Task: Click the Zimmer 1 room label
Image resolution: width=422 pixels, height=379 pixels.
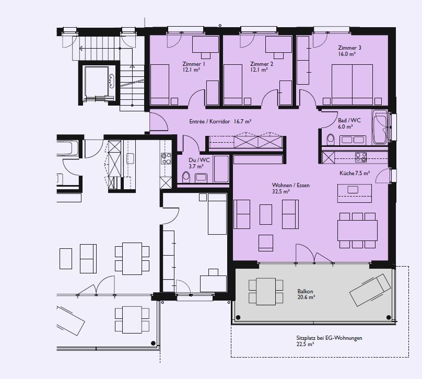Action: (x=194, y=64)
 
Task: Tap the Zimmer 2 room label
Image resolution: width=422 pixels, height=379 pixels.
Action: (x=261, y=64)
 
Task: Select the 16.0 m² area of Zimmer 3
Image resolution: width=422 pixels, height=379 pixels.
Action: (x=347, y=54)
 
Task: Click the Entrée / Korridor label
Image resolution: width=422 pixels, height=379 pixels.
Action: (x=209, y=121)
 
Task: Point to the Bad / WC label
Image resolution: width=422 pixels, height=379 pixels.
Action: (x=349, y=120)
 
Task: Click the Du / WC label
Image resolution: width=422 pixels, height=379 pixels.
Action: (x=199, y=160)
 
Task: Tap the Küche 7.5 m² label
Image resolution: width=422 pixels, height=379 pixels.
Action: (x=355, y=173)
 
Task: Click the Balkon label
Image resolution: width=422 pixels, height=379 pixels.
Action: (x=305, y=291)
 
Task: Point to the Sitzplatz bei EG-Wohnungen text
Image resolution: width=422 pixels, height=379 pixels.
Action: (x=329, y=338)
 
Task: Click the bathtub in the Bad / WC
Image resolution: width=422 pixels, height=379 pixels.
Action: (x=380, y=127)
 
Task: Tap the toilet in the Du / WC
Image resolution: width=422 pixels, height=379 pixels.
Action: (x=186, y=177)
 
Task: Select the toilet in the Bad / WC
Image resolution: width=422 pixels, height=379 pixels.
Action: (x=330, y=140)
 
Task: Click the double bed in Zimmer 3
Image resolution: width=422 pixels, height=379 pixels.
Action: (x=352, y=84)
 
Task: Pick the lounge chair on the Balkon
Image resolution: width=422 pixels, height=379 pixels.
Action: (x=370, y=290)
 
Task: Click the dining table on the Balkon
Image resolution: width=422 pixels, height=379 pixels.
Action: (x=266, y=292)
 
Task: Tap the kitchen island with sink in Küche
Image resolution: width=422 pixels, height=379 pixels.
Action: (x=355, y=193)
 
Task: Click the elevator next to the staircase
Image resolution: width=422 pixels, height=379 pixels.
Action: (x=97, y=83)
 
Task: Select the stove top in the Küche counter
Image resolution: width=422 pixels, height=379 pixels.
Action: (x=361, y=157)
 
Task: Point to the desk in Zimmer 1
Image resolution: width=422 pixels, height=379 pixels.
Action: (x=205, y=44)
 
